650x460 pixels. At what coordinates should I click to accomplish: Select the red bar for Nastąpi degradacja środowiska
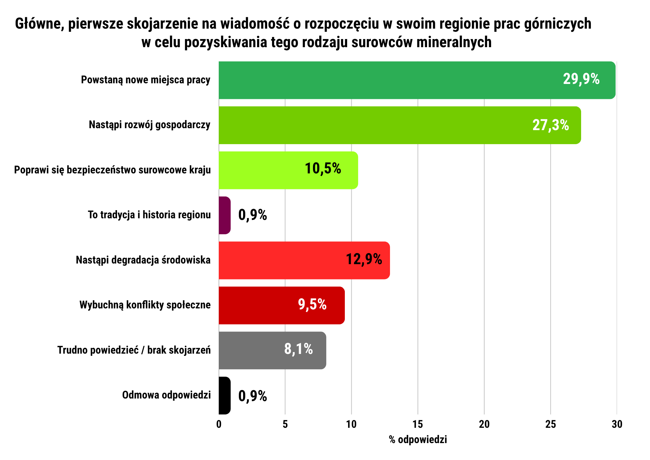(x=304, y=260)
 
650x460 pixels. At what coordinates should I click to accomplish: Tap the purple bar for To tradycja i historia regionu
(x=225, y=215)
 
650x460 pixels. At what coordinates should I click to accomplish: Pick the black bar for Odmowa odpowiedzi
(x=225, y=396)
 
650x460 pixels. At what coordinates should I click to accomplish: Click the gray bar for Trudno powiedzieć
(x=272, y=350)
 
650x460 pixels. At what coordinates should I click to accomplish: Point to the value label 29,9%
(x=581, y=79)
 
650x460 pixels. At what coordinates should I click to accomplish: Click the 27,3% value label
(x=551, y=125)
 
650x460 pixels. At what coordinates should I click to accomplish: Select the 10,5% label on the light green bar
(x=323, y=169)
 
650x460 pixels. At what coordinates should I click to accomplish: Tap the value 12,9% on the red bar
(x=364, y=259)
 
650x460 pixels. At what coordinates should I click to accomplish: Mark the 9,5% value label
(x=312, y=304)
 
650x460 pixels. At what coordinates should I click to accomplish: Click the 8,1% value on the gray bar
(x=298, y=349)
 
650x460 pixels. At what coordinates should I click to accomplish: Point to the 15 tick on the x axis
(x=418, y=424)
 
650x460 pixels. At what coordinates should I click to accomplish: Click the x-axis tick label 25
(x=551, y=424)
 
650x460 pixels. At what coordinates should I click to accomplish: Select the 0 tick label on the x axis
(x=219, y=424)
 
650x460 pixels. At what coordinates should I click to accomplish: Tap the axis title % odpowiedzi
(x=418, y=440)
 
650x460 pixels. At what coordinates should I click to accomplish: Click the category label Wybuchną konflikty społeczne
(x=145, y=305)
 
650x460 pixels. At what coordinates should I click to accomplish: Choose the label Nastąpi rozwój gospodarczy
(x=149, y=125)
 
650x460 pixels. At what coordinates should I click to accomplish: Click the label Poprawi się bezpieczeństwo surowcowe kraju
(x=112, y=170)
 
